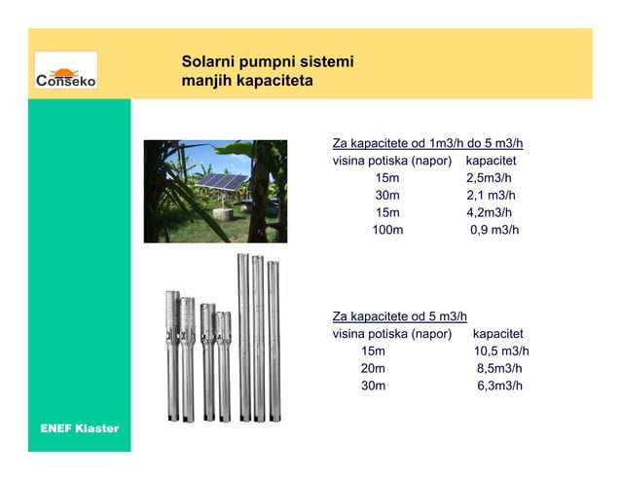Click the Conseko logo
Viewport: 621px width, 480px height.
(66, 72)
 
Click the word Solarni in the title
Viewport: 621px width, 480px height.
(207, 62)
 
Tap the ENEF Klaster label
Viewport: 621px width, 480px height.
(79, 428)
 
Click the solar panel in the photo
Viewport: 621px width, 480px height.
(222, 181)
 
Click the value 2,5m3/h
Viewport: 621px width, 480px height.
(489, 178)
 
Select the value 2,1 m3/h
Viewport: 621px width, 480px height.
(492, 196)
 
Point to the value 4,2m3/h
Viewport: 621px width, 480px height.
(489, 213)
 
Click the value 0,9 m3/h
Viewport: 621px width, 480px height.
(494, 231)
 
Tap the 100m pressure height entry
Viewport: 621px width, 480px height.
(386, 231)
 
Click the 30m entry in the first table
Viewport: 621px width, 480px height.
(386, 196)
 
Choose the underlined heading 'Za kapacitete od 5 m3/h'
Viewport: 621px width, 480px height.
(399, 316)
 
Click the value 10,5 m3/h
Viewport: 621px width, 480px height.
(501, 351)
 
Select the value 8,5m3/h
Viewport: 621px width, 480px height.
(499, 369)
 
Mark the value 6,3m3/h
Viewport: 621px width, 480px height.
(499, 387)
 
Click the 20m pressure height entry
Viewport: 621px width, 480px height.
(373, 369)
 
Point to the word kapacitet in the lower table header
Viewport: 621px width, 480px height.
(498, 334)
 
